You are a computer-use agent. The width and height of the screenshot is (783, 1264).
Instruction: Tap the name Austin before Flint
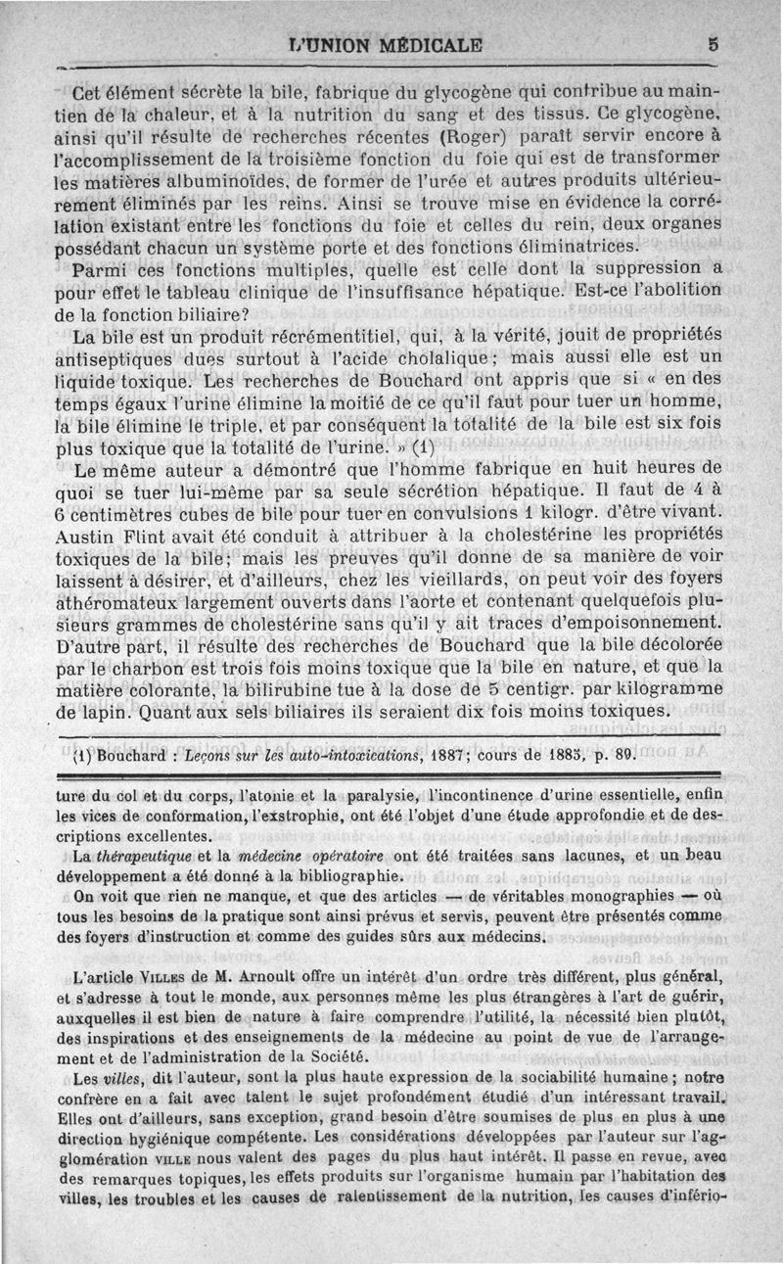click(x=86, y=536)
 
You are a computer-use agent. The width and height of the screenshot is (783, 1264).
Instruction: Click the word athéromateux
click(x=122, y=602)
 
